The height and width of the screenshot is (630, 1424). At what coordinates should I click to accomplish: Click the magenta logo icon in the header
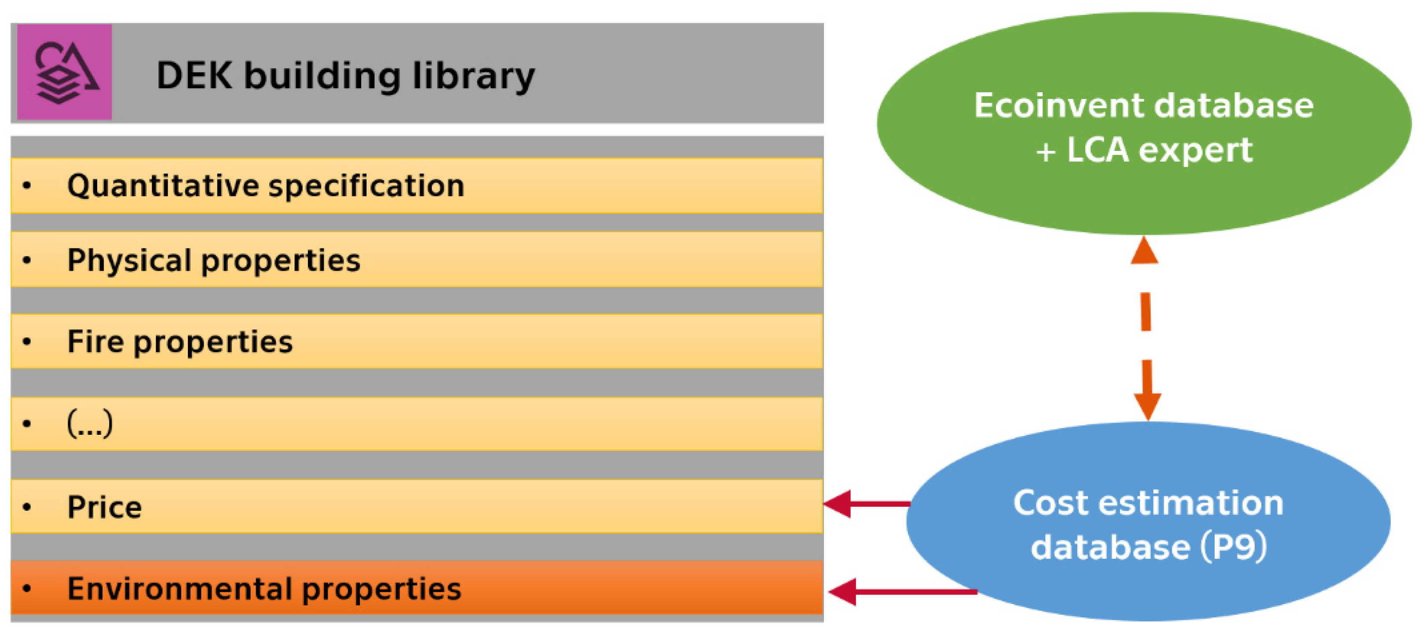click(64, 72)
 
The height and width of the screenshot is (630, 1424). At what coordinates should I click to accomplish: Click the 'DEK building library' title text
click(345, 75)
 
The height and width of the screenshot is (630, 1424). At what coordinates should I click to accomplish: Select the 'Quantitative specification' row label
click(265, 186)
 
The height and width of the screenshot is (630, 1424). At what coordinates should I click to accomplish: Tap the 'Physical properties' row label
click(213, 260)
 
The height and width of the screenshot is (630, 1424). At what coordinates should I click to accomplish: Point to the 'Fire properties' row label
click(179, 342)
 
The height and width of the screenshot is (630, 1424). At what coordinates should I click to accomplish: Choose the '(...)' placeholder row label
click(90, 424)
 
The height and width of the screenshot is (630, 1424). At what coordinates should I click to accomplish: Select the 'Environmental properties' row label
click(264, 589)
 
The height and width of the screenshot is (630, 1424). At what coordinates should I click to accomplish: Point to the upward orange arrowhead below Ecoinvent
click(1144, 251)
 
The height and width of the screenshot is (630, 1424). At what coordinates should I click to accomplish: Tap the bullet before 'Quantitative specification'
click(26, 186)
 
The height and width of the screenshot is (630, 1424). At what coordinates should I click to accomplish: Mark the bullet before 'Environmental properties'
click(26, 589)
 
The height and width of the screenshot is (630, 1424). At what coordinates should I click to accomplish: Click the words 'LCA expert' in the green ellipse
click(1159, 150)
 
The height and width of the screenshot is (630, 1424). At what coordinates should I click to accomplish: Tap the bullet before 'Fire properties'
click(26, 342)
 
